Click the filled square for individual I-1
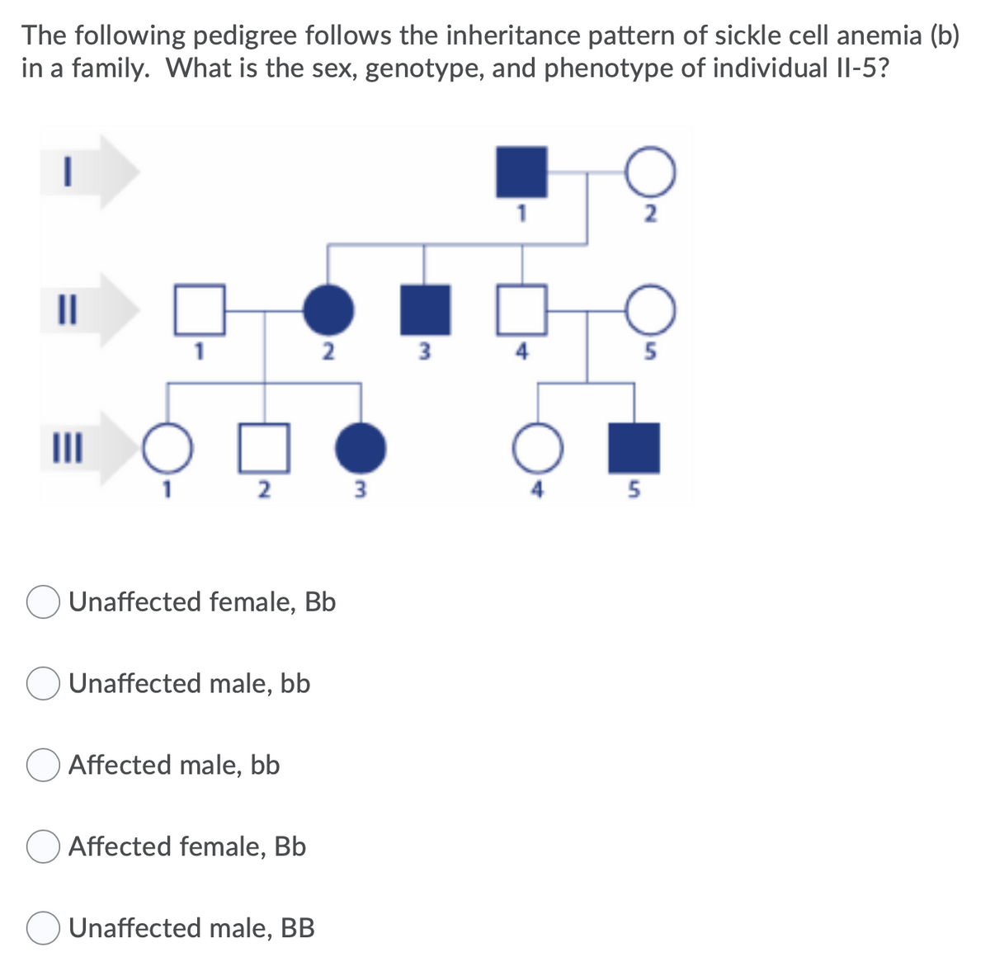click(x=521, y=172)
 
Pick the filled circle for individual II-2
click(x=329, y=310)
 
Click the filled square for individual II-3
click(x=425, y=310)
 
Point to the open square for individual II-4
click(x=521, y=310)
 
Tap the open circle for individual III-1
click(x=168, y=448)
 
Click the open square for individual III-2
click(x=265, y=448)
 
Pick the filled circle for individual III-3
click(x=361, y=448)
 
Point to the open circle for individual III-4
click(x=540, y=448)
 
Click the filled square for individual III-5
click(x=634, y=448)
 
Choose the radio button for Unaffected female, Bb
click(x=41, y=603)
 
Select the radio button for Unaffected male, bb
click(x=41, y=685)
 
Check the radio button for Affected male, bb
click(x=41, y=766)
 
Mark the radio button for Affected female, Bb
click(x=41, y=847)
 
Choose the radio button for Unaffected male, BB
click(x=41, y=929)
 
